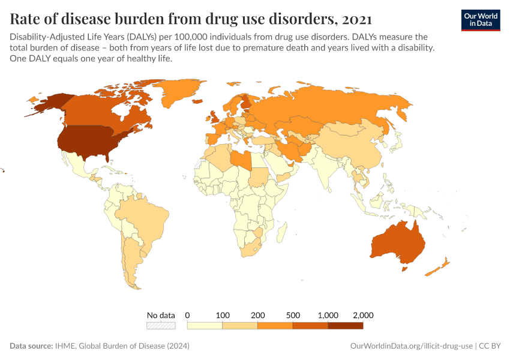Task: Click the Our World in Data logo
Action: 480,20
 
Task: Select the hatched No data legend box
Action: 161,326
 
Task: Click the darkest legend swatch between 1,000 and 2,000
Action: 346,326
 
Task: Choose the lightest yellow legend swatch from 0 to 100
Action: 205,326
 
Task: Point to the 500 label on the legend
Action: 293,315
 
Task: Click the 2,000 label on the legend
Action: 363,315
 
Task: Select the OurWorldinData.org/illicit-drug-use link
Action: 411,346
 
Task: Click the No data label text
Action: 161,315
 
